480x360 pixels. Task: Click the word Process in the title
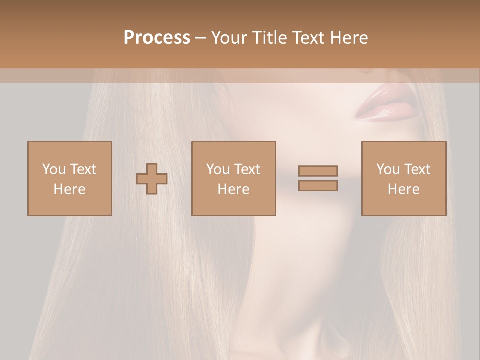[157, 38]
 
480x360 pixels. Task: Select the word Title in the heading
[270, 38]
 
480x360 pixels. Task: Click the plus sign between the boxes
[152, 179]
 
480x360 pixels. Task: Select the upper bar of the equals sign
[318, 171]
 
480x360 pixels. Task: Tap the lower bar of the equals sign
[318, 186]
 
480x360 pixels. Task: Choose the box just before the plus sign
[69, 178]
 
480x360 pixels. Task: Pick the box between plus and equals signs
[234, 178]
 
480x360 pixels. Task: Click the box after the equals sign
[404, 178]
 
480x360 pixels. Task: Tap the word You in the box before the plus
[54, 169]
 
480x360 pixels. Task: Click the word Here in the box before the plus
[69, 189]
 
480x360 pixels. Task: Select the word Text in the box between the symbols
[247, 169]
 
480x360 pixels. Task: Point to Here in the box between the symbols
[234, 189]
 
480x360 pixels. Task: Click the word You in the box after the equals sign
[388, 169]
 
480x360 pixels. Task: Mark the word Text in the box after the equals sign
[417, 169]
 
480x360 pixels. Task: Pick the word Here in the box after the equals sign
[404, 189]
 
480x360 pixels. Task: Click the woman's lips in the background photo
[386, 103]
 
